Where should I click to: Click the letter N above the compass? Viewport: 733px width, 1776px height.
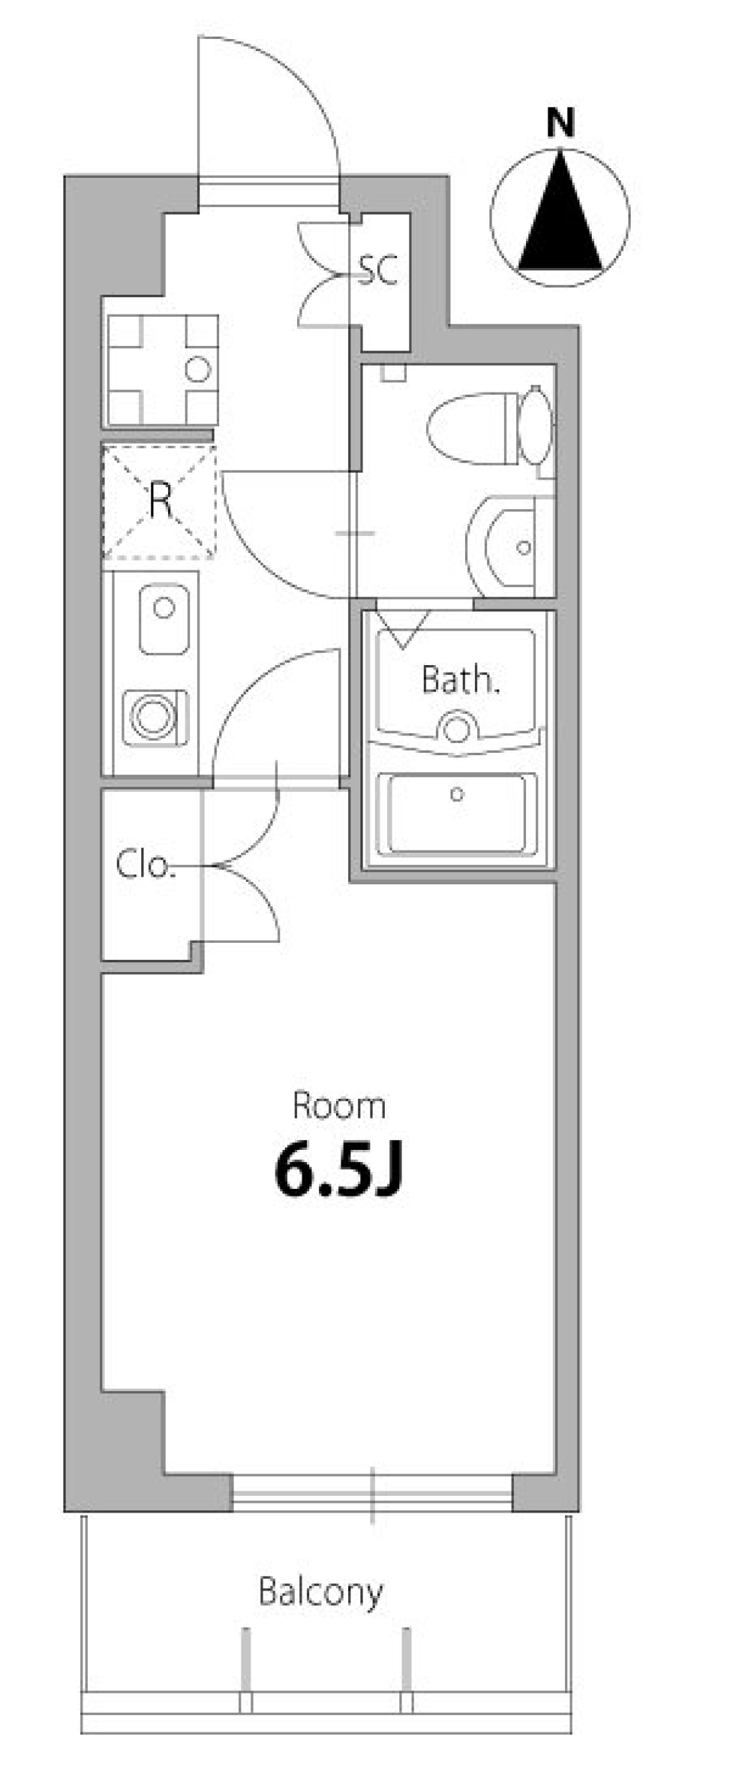point(560,124)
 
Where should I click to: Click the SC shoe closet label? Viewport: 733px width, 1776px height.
point(378,269)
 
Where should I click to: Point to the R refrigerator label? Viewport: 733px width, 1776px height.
point(160,501)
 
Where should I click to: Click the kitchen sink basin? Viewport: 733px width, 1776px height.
point(164,619)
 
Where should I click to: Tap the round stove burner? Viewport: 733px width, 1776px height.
point(153,715)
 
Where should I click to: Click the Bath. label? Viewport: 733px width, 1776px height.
point(460,680)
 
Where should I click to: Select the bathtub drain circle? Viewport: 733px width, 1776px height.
point(457,795)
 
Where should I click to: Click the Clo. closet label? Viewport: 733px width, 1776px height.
point(146,864)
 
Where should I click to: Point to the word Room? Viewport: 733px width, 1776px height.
point(339,1106)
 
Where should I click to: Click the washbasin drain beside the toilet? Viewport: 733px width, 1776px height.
point(523,547)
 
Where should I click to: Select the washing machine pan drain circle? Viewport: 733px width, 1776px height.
point(198,370)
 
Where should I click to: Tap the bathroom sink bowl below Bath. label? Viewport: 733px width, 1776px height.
point(457,727)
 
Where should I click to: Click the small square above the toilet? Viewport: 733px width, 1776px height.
point(396,373)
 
